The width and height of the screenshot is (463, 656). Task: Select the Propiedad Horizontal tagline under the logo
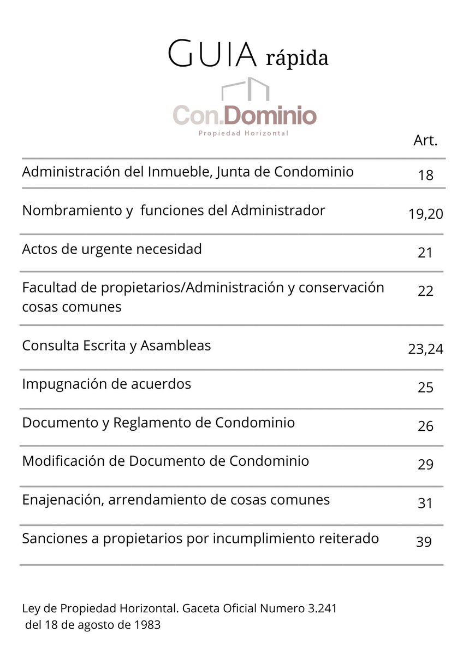(243, 133)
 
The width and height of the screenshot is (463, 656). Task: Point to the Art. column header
(425, 140)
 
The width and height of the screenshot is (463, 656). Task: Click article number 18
(425, 175)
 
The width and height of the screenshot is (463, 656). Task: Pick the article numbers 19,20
(425, 214)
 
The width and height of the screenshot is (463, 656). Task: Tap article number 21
(425, 253)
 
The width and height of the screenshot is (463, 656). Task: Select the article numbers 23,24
(425, 349)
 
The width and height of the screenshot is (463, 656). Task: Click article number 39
(424, 542)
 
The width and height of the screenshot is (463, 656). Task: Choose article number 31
(425, 503)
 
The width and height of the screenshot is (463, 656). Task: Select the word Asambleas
(176, 345)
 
